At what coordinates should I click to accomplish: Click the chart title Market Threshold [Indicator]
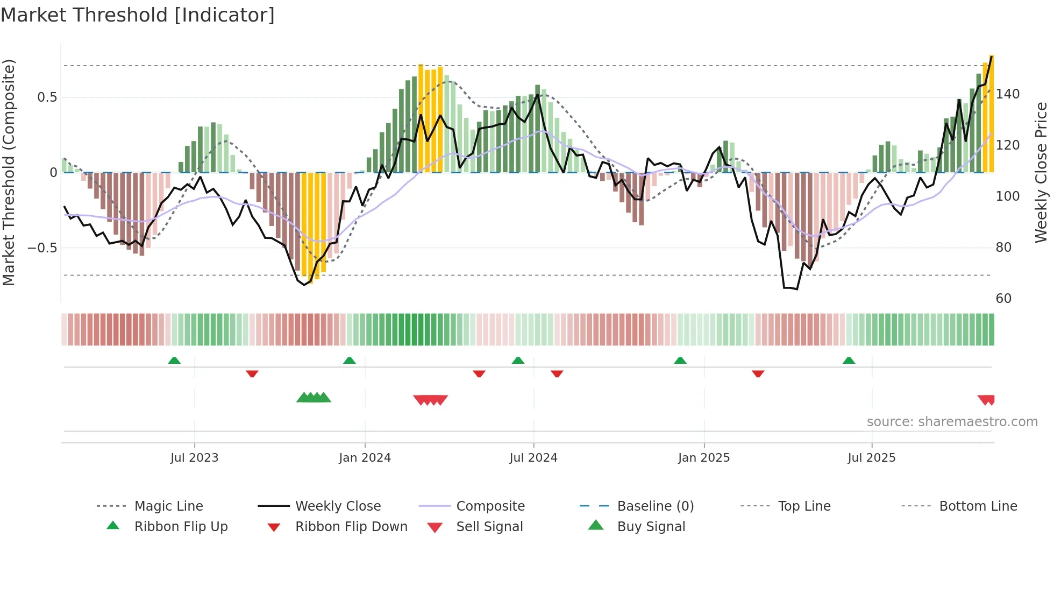[138, 15]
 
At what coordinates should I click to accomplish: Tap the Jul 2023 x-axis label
[194, 458]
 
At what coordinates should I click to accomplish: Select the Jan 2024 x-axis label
[365, 458]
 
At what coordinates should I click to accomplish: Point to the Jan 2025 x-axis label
[703, 458]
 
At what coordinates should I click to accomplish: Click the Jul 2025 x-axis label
[871, 458]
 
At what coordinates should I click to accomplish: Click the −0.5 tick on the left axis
[42, 248]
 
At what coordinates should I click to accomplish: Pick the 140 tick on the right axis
[1007, 94]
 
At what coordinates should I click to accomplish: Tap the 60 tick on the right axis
[1003, 299]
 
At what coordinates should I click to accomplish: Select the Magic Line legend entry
[168, 506]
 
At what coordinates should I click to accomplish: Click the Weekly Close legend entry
[338, 506]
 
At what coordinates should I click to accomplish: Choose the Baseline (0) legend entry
[655, 506]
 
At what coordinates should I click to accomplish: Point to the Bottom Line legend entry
[978, 506]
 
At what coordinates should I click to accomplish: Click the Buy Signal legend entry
[651, 527]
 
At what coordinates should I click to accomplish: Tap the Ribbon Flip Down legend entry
[351, 527]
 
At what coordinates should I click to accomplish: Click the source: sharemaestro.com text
[952, 422]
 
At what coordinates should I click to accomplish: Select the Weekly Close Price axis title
[1041, 172]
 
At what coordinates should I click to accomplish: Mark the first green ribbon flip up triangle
[174, 361]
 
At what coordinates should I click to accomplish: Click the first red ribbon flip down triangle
[252, 373]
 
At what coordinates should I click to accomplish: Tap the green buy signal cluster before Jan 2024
[314, 398]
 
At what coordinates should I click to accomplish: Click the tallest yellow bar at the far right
[991, 113]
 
